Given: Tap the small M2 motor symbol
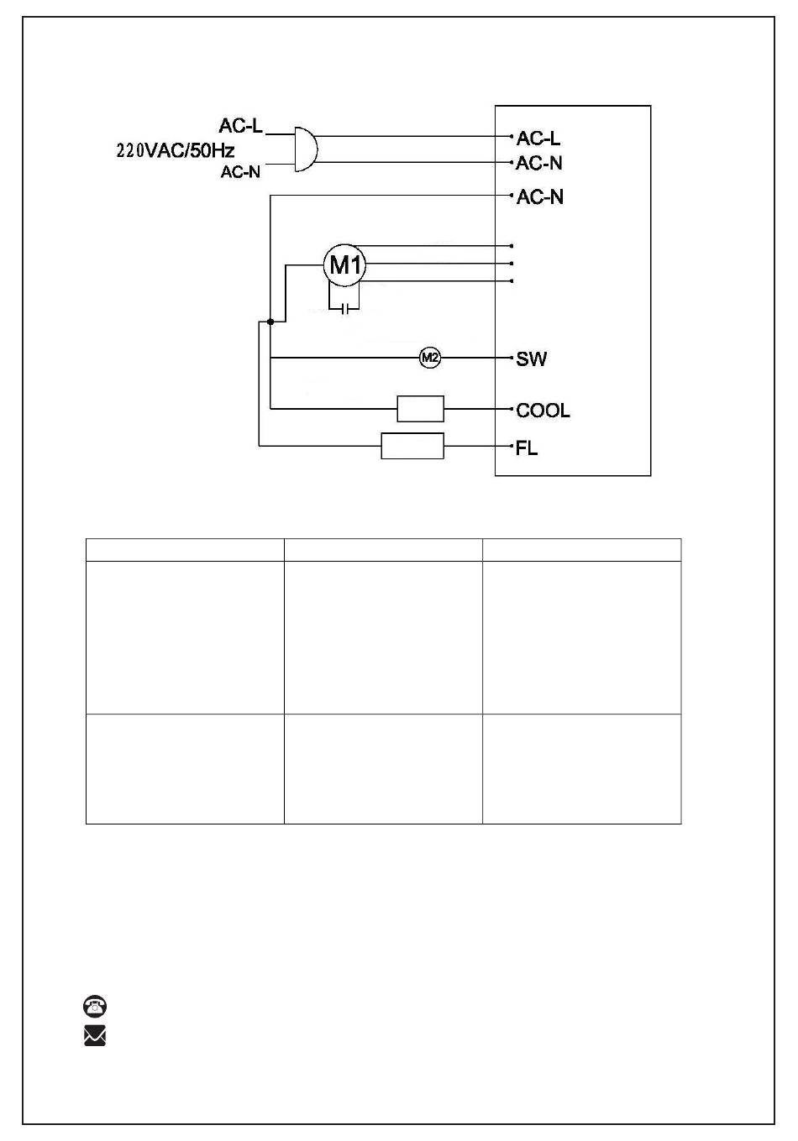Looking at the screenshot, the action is pyautogui.click(x=430, y=358).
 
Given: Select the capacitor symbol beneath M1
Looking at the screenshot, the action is pyautogui.click(x=345, y=308).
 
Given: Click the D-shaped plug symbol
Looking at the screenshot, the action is pyautogui.click(x=306, y=149).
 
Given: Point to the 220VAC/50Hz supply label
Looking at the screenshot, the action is pyautogui.click(x=176, y=151).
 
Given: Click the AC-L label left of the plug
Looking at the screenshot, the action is pyautogui.click(x=240, y=125).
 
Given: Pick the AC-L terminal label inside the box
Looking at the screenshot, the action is pyautogui.click(x=538, y=138).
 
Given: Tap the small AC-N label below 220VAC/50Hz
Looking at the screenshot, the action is pyautogui.click(x=240, y=172).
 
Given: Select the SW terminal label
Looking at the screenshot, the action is pyautogui.click(x=531, y=359).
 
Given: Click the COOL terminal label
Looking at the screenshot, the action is pyautogui.click(x=543, y=411).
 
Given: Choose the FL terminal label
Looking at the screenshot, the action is pyautogui.click(x=527, y=448).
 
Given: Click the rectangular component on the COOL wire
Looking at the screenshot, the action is pyautogui.click(x=420, y=409).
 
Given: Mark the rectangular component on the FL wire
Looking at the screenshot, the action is pyautogui.click(x=412, y=446).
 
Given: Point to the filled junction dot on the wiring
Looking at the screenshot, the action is pyautogui.click(x=270, y=322).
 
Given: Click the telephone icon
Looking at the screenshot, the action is pyautogui.click(x=95, y=1006).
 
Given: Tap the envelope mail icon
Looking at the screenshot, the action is pyautogui.click(x=95, y=1035).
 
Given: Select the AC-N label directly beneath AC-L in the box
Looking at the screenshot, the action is pyautogui.click(x=538, y=164).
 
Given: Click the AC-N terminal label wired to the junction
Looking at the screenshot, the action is pyautogui.click(x=539, y=197).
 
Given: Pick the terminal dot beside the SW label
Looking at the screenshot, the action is pyautogui.click(x=512, y=358).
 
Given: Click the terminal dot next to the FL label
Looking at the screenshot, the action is pyautogui.click(x=512, y=446).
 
